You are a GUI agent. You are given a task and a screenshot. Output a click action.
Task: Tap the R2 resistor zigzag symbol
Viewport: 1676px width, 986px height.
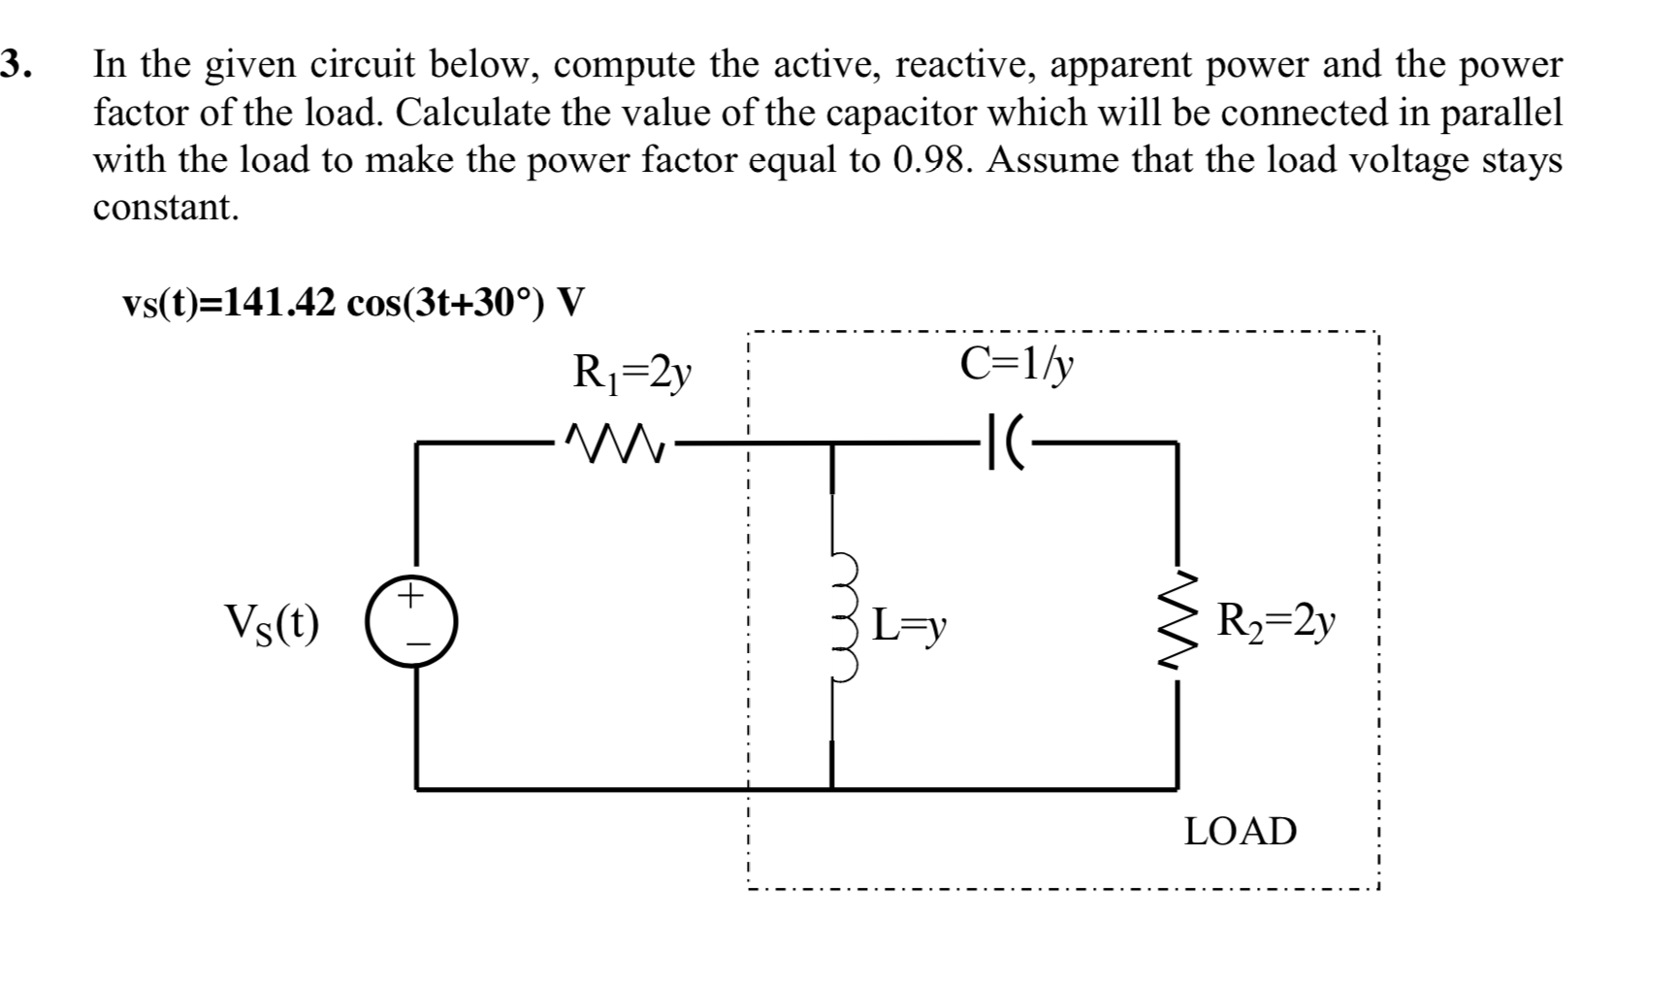click(1177, 621)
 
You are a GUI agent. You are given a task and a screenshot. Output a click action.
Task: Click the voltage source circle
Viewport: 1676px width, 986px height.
click(411, 620)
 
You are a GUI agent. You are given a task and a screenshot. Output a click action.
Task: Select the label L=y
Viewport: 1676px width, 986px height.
click(908, 624)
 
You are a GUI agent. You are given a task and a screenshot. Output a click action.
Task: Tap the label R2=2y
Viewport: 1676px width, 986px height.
click(1276, 618)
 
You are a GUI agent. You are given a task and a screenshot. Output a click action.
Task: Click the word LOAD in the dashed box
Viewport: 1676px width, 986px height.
click(1240, 832)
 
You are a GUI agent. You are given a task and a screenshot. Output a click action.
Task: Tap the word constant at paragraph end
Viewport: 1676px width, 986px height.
click(165, 207)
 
